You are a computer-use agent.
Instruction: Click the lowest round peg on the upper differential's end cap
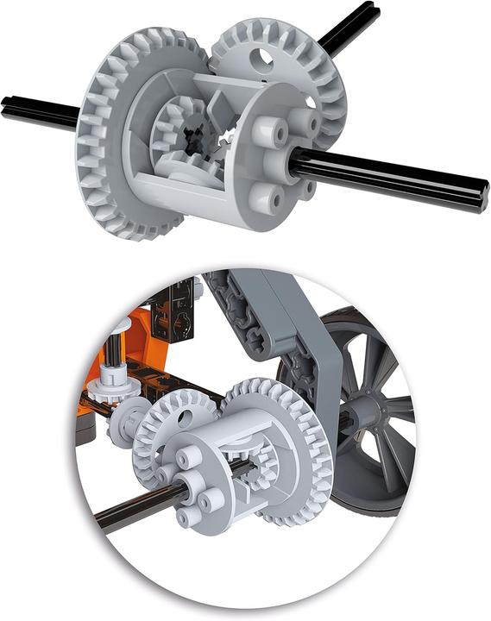(274, 200)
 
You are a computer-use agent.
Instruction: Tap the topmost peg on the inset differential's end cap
(192, 457)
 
